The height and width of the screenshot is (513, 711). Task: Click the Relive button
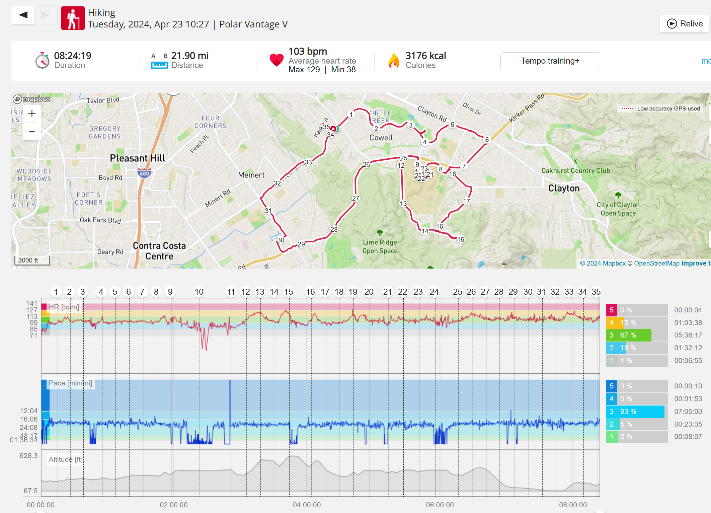685,24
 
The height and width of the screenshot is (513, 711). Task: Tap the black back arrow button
23,15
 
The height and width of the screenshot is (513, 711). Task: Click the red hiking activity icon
73,18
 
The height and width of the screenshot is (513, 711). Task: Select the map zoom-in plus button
32,114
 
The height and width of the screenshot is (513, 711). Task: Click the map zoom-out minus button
32,131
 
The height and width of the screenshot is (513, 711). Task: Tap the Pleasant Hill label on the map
138,158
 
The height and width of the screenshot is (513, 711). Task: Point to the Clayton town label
564,188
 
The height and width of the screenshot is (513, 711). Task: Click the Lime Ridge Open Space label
380,246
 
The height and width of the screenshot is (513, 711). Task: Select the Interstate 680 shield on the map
144,173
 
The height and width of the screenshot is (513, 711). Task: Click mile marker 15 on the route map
461,239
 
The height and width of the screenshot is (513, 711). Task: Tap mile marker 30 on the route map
281,240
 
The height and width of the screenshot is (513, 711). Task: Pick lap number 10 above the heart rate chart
199,292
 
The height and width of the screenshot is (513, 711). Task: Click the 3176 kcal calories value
425,56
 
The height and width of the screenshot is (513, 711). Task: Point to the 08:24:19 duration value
73,56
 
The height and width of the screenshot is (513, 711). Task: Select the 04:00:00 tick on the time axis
307,505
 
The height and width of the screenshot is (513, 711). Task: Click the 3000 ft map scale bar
32,261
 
